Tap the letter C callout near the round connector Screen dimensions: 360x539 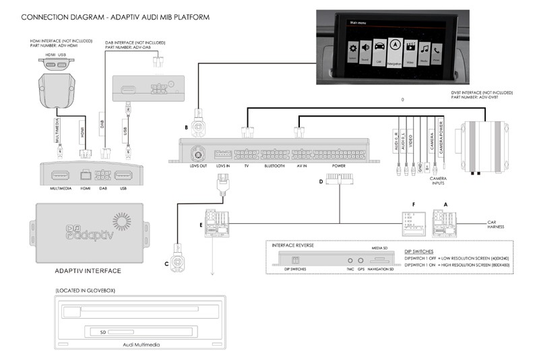166,264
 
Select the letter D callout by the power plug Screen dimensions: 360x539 321,180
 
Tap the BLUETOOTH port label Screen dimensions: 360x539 274,166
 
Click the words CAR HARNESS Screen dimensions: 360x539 497,224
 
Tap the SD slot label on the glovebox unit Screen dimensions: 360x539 102,331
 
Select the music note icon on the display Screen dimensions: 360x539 424,49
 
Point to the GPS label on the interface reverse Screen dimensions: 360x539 362,269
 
